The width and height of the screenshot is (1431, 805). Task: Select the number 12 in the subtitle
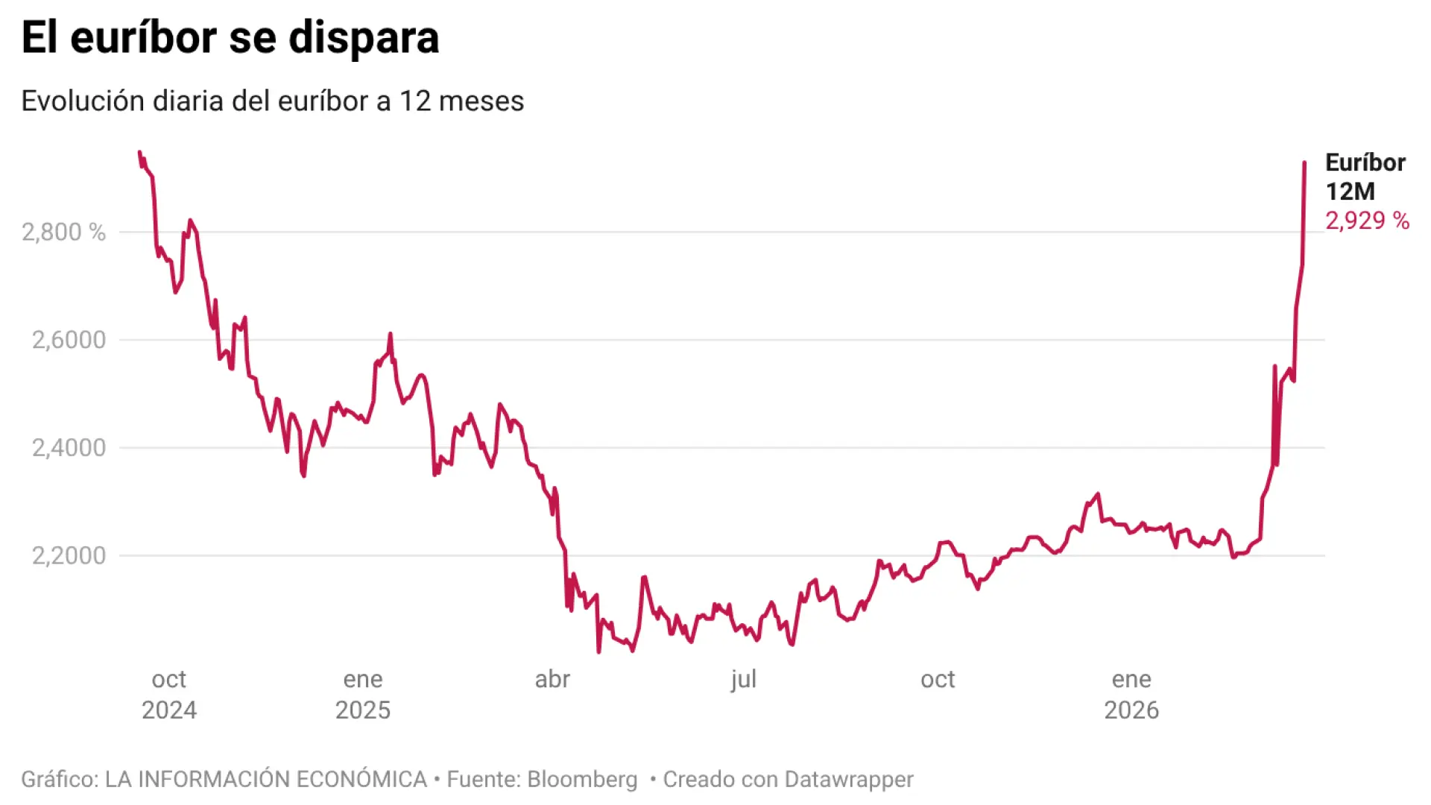point(415,101)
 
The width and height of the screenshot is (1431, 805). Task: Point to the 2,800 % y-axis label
point(63,232)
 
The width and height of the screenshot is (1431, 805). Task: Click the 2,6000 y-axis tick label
point(69,340)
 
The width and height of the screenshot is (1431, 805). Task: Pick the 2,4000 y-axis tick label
point(69,447)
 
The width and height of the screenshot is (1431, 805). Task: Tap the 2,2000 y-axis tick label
point(69,555)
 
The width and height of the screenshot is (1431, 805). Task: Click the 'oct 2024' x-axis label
point(169,694)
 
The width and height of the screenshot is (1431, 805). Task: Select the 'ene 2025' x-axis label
point(363,694)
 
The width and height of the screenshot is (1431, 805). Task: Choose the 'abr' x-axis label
point(552,679)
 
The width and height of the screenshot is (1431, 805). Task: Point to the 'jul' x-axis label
point(743,679)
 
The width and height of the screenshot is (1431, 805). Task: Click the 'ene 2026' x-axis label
point(1131,694)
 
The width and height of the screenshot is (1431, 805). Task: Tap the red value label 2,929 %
point(1367,221)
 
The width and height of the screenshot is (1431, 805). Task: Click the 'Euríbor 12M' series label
point(1365,177)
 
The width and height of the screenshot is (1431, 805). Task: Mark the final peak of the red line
point(1304,162)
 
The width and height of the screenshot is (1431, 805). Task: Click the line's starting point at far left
point(139,152)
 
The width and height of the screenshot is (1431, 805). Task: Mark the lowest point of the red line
point(598,652)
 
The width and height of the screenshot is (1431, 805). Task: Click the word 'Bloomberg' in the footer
point(582,779)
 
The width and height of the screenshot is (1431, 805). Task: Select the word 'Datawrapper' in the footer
point(849,779)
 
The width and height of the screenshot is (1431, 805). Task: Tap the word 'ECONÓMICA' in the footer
point(361,779)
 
